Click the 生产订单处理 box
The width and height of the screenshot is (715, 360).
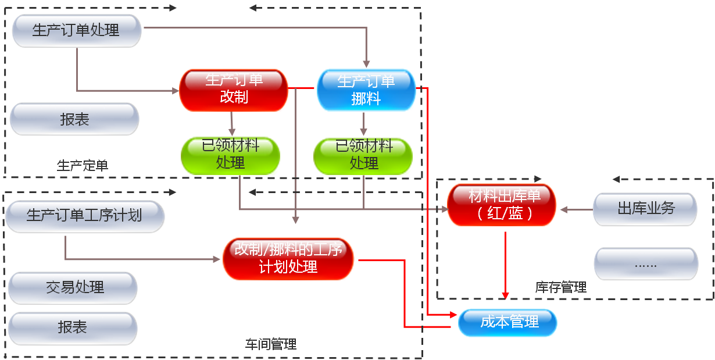(x=76, y=30)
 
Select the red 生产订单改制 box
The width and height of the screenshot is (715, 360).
(x=234, y=89)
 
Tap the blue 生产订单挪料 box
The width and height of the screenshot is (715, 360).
(x=366, y=90)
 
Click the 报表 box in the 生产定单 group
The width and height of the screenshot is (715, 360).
(x=74, y=119)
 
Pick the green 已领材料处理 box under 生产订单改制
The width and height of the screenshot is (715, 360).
(x=231, y=155)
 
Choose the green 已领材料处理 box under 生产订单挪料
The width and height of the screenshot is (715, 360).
(x=364, y=155)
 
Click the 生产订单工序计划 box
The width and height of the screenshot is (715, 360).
(x=84, y=216)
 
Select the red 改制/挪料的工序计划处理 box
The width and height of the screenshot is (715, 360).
(x=288, y=258)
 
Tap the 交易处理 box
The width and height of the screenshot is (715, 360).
(x=73, y=287)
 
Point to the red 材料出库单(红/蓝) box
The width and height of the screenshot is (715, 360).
(x=502, y=204)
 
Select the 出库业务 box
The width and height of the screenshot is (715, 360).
(x=645, y=209)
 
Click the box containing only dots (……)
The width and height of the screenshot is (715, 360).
(x=645, y=264)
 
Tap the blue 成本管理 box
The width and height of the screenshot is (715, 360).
(x=508, y=322)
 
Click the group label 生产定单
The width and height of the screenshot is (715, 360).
(x=82, y=165)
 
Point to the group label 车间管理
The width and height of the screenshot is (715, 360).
(x=271, y=344)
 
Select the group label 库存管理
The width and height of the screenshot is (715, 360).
(x=560, y=287)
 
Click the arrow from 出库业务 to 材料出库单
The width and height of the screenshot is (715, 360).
(x=574, y=209)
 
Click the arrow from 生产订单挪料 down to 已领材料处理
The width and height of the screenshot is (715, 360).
(x=364, y=124)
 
